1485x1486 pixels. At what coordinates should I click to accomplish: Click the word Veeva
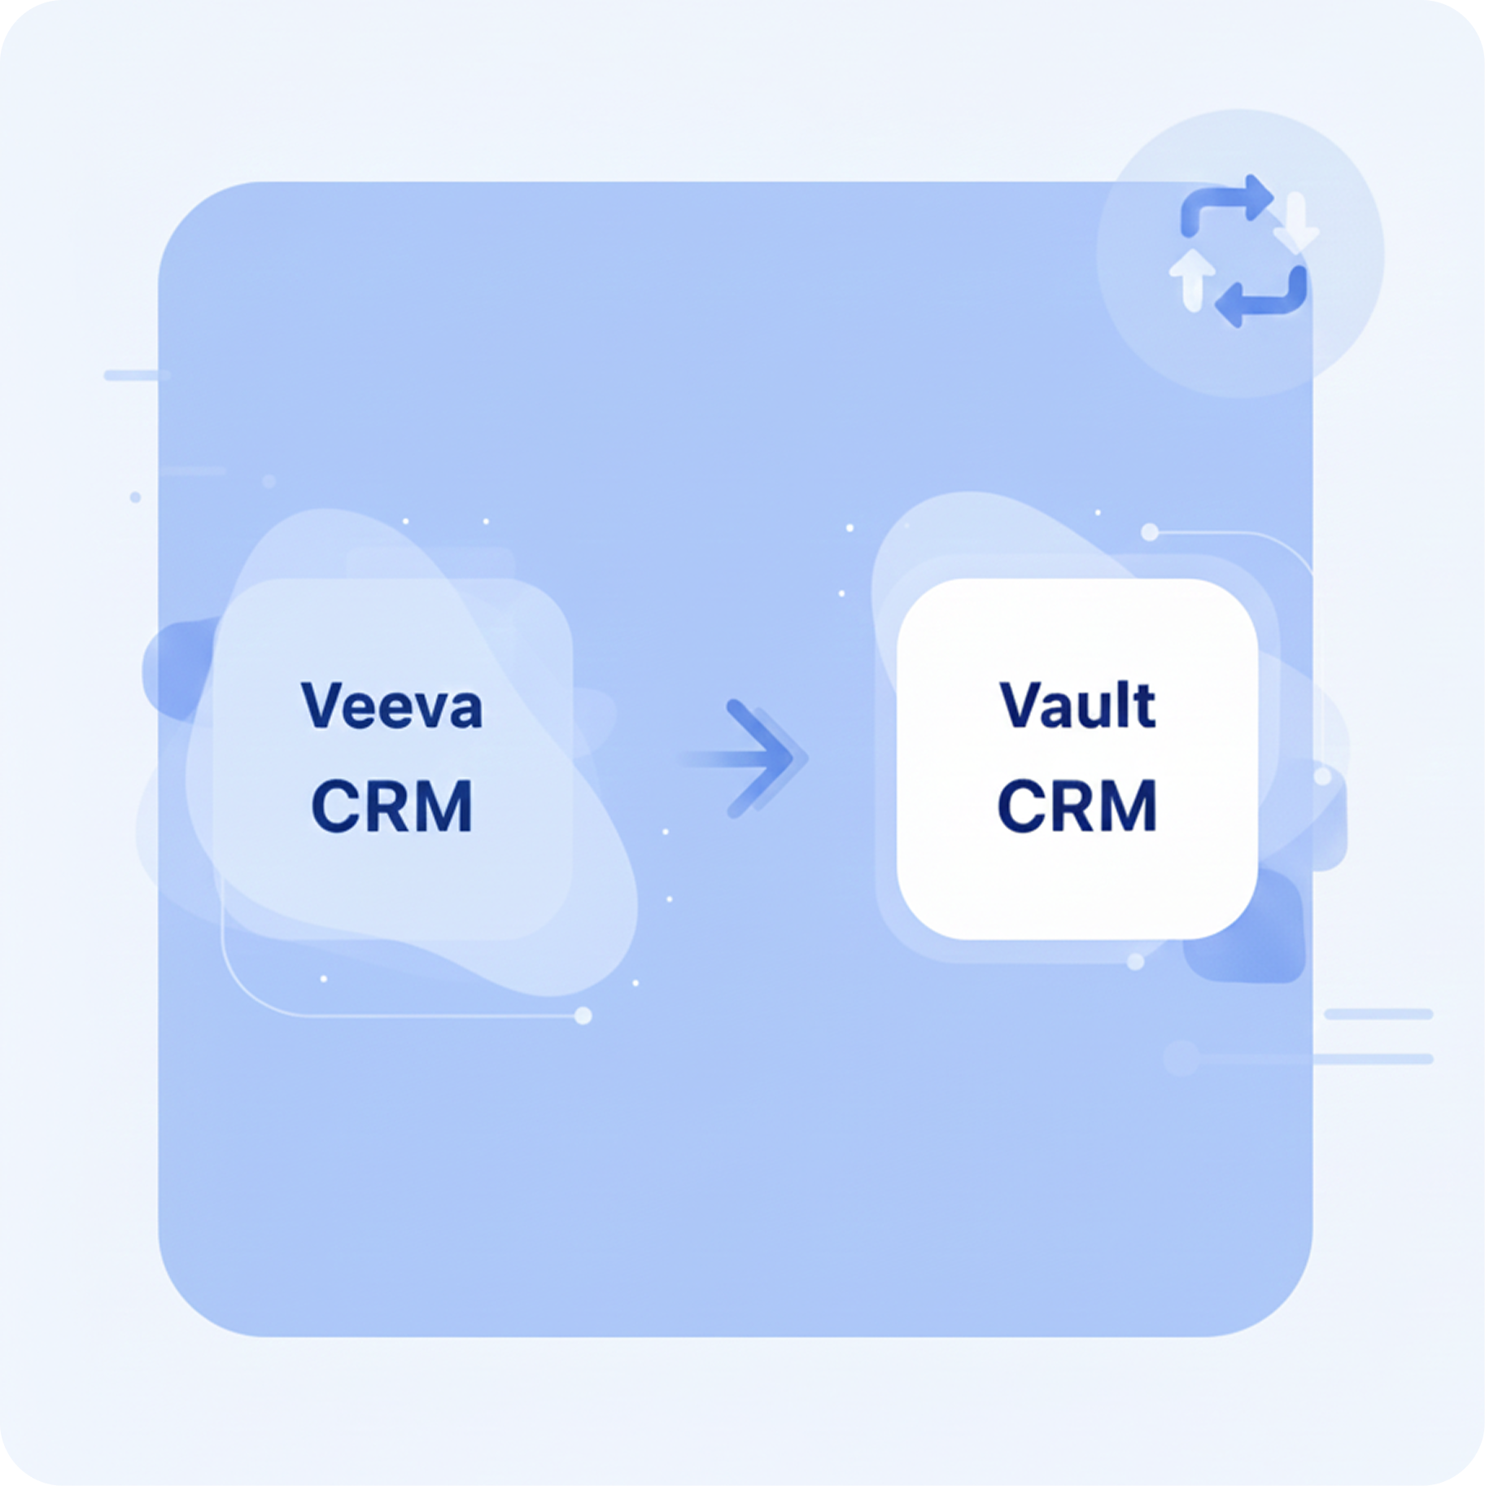391,706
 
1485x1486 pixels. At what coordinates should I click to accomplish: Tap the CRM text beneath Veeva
391,806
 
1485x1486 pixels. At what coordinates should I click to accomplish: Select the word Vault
1077,706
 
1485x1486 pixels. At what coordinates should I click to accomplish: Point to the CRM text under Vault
1077,806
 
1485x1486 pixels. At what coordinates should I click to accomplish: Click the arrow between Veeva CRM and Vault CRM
753,758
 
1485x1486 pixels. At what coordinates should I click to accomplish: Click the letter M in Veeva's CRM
443,806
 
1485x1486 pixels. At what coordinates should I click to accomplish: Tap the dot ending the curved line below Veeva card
583,1016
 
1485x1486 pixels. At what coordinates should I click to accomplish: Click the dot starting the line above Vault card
1150,532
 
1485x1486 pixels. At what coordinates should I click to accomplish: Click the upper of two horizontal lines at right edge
1378,1014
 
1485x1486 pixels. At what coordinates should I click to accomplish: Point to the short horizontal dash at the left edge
137,375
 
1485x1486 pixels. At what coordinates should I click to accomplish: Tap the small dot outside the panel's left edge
135,496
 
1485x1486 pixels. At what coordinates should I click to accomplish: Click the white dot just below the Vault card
1136,962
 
